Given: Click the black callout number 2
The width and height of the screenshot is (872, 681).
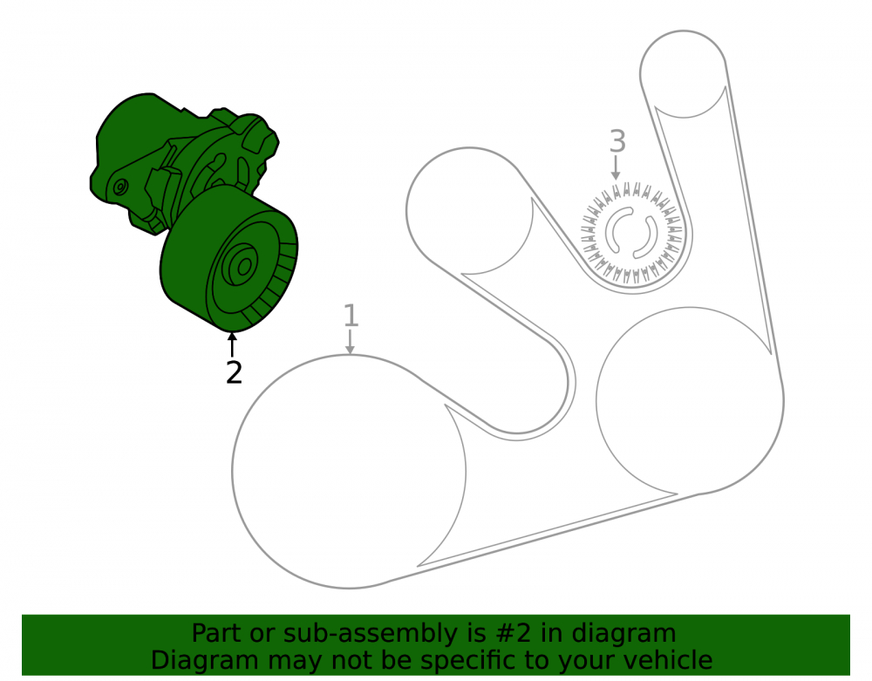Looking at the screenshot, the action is click(x=234, y=372).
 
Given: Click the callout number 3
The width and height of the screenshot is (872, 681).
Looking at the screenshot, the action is click(x=617, y=141).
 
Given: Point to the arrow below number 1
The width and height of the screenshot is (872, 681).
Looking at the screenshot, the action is click(x=350, y=341).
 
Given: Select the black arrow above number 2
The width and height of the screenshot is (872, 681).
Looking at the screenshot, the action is click(x=233, y=344).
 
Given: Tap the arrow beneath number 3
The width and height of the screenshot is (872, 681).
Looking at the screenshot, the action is click(x=615, y=167).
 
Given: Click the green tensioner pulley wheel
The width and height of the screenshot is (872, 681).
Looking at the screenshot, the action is click(x=229, y=257).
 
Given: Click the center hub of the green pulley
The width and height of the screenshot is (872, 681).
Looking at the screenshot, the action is click(x=242, y=267).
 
